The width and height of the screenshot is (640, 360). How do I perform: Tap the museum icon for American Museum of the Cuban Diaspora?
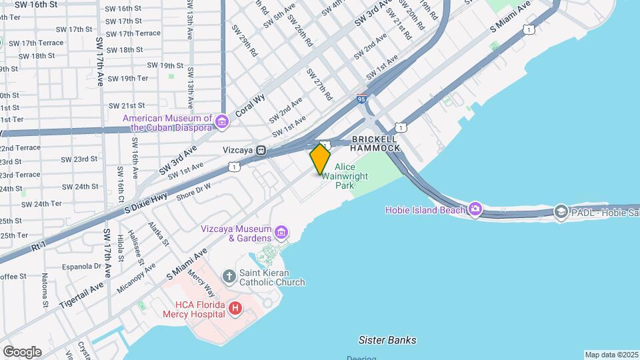coord(222,121)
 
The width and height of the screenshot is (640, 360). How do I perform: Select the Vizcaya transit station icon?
coord(262,151)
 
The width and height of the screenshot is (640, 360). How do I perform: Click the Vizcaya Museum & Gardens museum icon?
coord(281,233)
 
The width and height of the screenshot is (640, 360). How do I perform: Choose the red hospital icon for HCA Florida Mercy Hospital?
coord(235,308)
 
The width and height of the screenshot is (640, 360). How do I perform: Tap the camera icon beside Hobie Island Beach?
coord(475,210)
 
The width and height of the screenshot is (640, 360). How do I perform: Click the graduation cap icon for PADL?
coord(561,212)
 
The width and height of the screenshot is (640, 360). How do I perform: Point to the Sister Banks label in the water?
coord(387,340)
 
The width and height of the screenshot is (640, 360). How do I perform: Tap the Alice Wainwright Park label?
coord(345,176)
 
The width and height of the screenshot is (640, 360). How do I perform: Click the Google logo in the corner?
coord(22,351)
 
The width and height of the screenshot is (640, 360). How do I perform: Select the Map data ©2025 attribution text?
coord(611,355)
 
